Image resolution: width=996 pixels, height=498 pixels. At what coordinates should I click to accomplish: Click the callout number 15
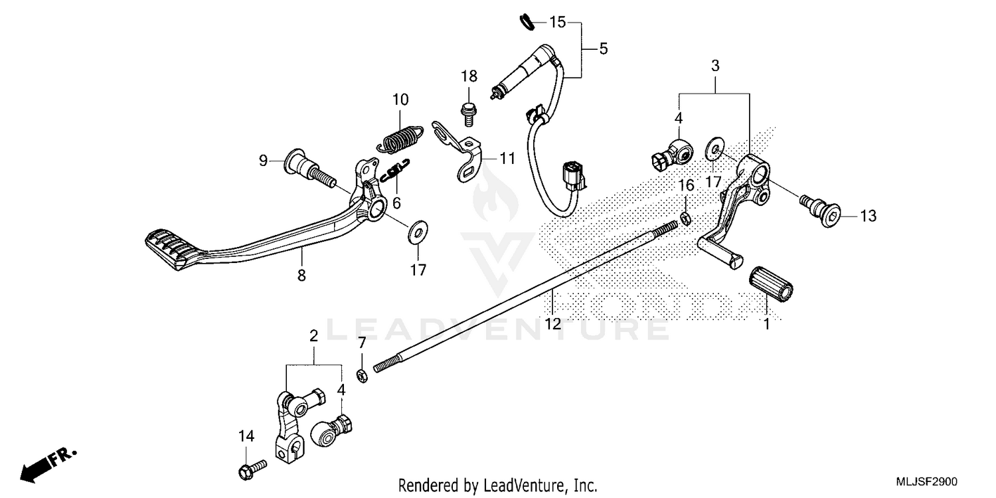[x=558, y=22]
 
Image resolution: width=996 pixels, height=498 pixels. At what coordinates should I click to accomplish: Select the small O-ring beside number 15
[x=527, y=22]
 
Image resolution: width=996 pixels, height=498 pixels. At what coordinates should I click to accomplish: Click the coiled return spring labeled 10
[x=400, y=139]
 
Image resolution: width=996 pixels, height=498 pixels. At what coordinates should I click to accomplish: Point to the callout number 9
[x=263, y=161]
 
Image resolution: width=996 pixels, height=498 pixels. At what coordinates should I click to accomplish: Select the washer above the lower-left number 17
[x=418, y=232]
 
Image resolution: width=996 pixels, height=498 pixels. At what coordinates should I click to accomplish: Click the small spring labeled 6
[x=396, y=170]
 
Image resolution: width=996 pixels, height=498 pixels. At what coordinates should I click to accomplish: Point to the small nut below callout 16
[x=686, y=218]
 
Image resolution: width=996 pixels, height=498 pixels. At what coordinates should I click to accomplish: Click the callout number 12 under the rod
[x=552, y=324]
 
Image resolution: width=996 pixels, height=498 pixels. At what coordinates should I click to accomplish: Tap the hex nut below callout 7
[x=363, y=376]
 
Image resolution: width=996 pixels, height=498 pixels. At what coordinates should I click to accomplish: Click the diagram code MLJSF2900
[x=927, y=481]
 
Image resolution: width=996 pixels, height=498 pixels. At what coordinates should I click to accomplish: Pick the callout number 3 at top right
[x=715, y=66]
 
